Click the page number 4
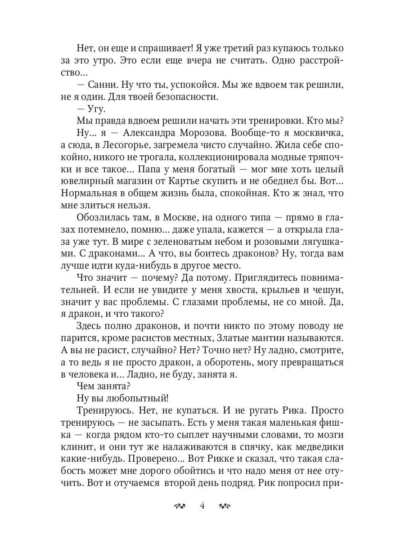[202, 505]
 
